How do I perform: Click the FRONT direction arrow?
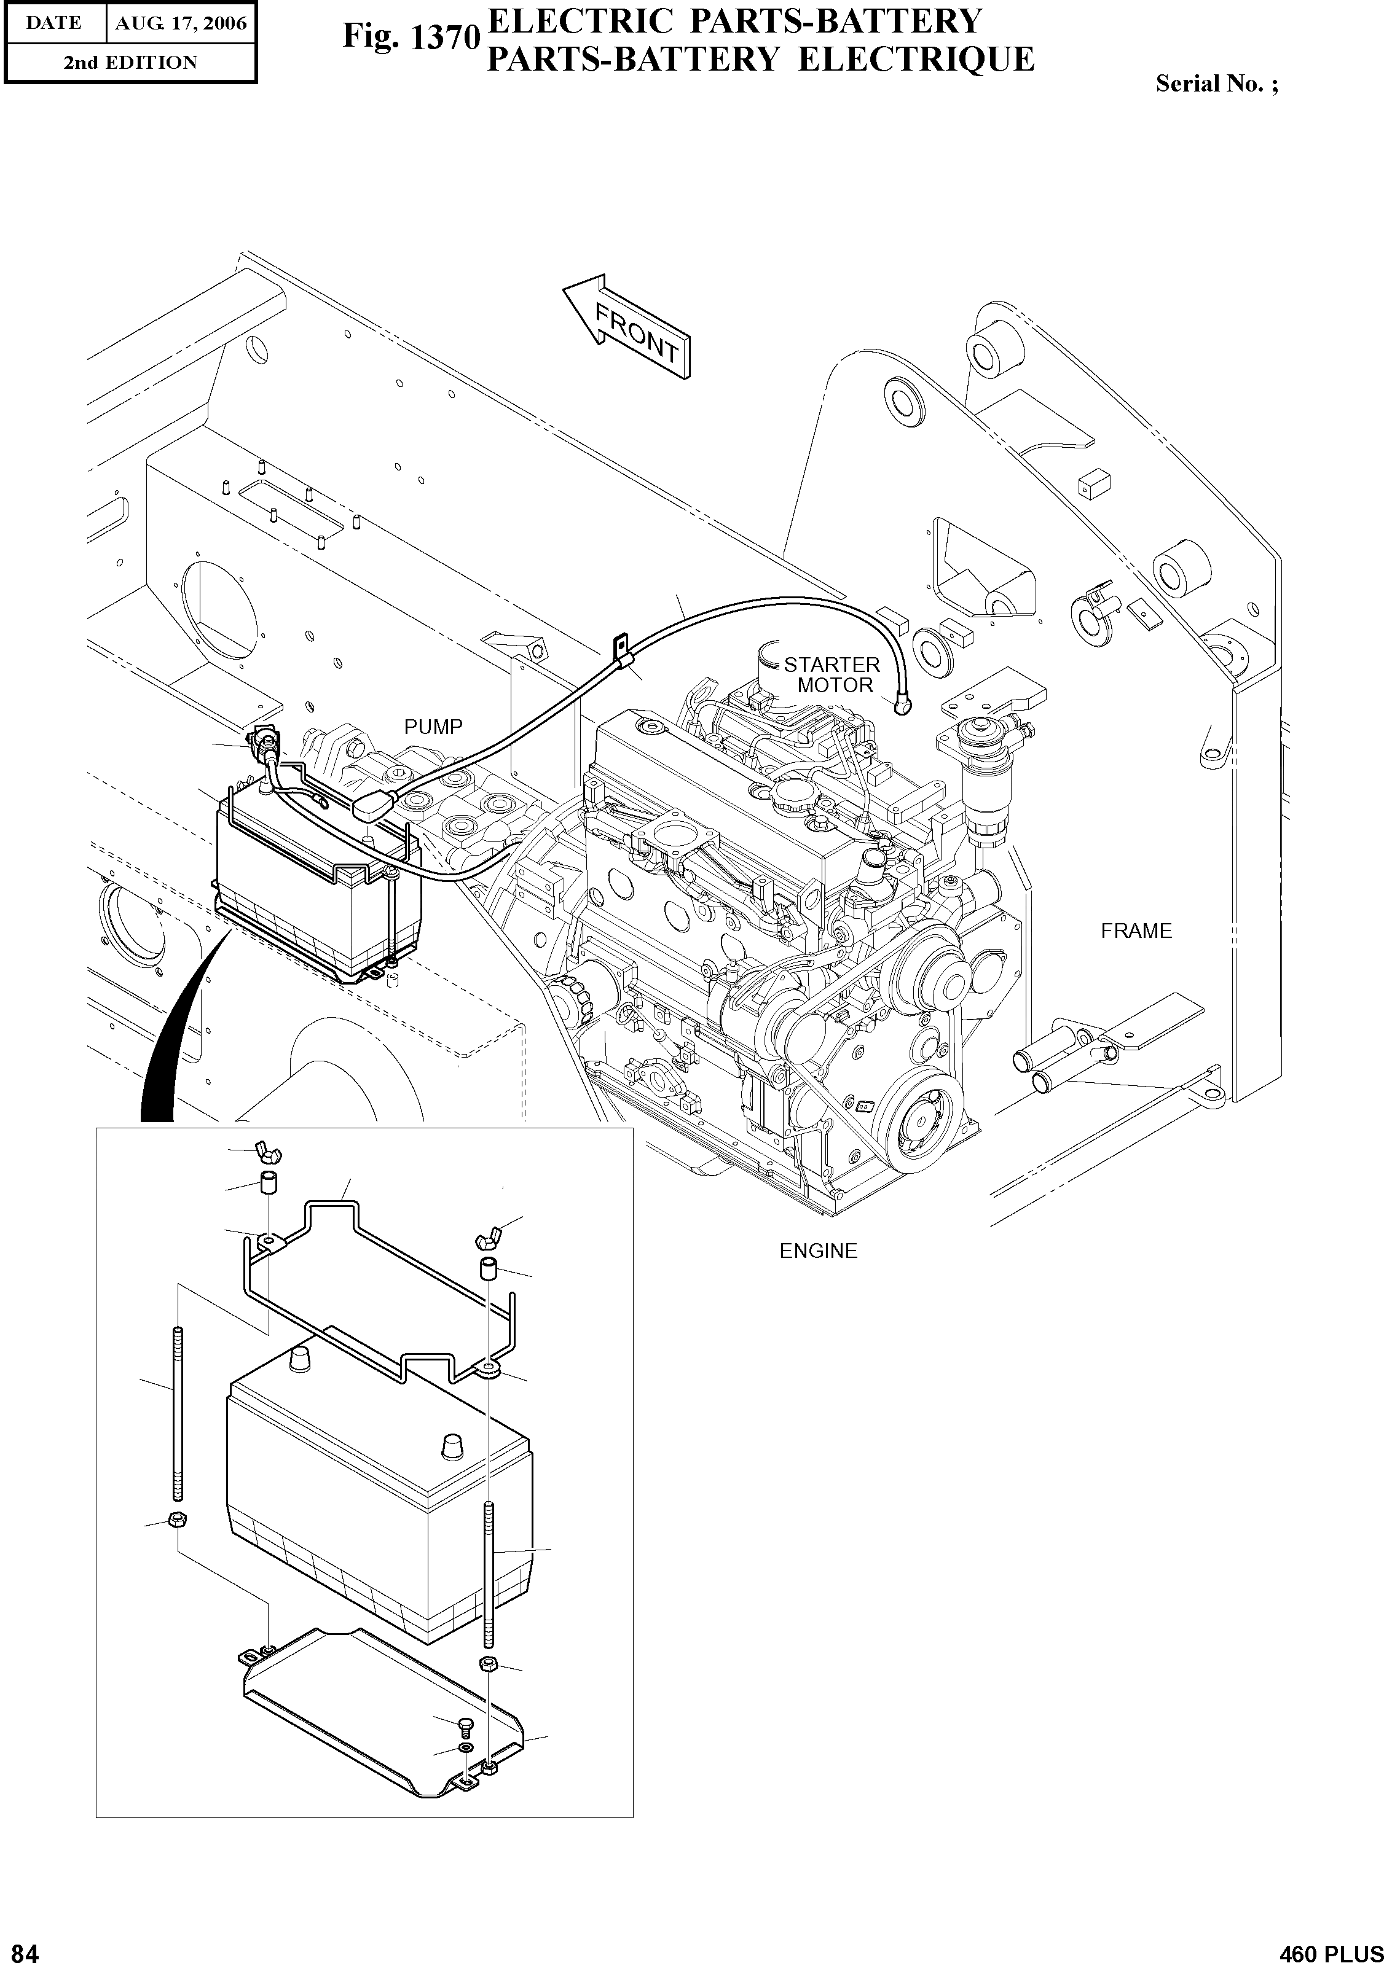coord(629,327)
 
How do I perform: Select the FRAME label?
coord(1136,931)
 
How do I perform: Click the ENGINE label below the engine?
coord(818,1251)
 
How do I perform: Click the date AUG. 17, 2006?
coord(181,23)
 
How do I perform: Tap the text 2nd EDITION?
coord(130,63)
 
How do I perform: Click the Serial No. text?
coord(1216,84)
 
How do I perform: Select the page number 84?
coord(20,1950)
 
